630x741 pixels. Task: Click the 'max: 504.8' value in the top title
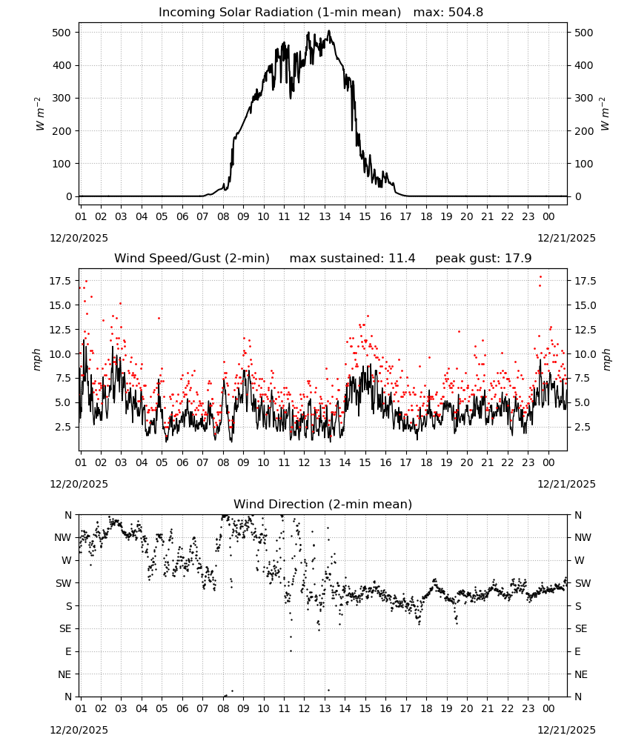[448, 13]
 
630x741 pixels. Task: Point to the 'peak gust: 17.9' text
[483, 259]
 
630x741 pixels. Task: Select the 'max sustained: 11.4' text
[352, 259]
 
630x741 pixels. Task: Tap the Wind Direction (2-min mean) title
[323, 504]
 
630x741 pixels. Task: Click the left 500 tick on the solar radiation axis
[62, 33]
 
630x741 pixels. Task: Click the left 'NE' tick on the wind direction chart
[64, 674]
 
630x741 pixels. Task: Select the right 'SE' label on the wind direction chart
[581, 629]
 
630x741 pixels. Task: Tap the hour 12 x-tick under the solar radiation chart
[304, 216]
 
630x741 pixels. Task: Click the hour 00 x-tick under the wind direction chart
[548, 708]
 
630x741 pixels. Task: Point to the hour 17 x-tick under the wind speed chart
[405, 462]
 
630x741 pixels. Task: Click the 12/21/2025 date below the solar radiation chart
[566, 238]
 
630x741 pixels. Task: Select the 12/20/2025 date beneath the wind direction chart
[79, 730]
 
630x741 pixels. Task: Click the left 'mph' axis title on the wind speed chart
[37, 359]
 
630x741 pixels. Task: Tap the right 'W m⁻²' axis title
[605, 114]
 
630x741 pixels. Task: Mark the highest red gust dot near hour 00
[540, 277]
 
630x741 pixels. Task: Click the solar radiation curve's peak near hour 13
[329, 31]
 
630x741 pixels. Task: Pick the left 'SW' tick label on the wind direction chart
[64, 584]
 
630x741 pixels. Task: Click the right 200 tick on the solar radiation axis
[584, 131]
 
